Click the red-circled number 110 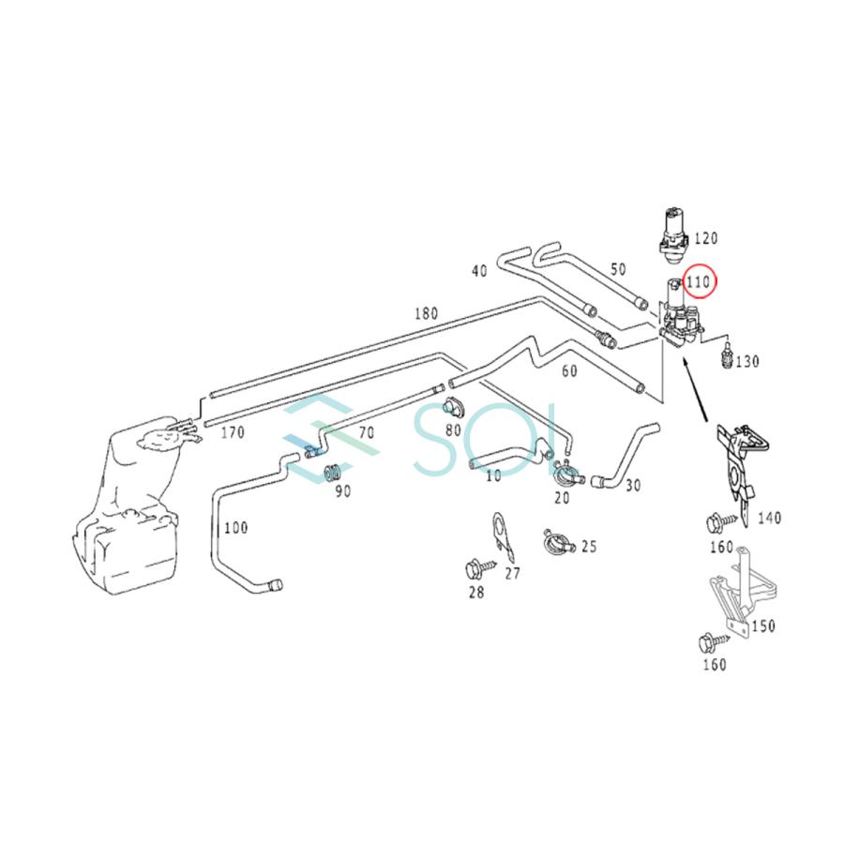point(699,281)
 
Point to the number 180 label point(426,313)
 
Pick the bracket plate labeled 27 point(503,536)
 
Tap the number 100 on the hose point(235,527)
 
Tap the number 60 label point(569,370)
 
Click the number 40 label point(479,271)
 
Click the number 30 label point(634,485)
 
